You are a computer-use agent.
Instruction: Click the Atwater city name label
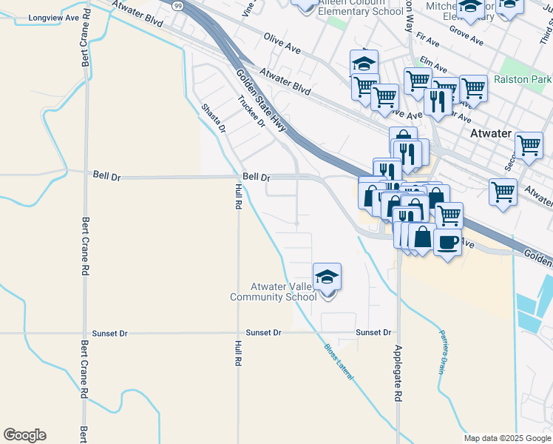click(x=491, y=134)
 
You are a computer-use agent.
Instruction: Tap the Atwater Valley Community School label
click(x=274, y=292)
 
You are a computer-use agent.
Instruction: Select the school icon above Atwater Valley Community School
click(x=327, y=278)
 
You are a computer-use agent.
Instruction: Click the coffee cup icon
click(x=447, y=242)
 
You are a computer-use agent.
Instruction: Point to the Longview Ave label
click(x=53, y=17)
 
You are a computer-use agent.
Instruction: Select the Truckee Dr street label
click(x=251, y=112)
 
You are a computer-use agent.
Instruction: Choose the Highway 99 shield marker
click(x=177, y=4)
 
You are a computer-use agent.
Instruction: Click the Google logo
click(x=24, y=435)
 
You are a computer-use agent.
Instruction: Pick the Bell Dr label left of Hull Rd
click(x=107, y=176)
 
